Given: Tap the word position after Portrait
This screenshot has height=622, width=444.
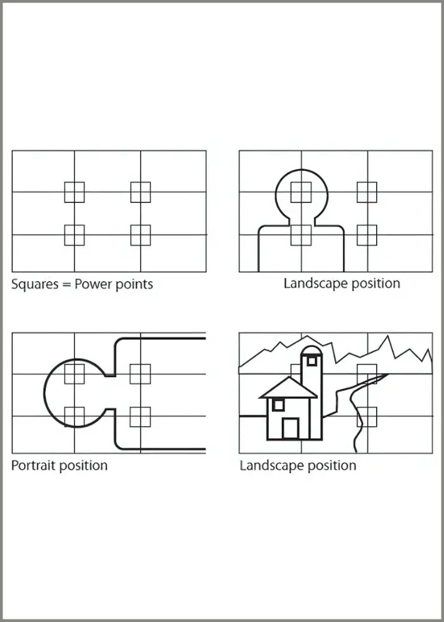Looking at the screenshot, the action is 83,466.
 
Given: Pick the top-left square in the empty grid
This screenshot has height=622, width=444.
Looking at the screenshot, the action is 75,192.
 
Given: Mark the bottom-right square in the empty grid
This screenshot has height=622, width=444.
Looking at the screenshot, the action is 141,235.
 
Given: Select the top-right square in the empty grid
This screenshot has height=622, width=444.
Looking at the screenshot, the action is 141,192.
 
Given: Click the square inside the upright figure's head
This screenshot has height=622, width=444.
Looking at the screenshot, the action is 301,192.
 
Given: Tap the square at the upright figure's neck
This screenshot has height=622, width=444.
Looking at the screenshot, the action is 301,235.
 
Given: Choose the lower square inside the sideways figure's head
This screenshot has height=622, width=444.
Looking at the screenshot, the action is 75,417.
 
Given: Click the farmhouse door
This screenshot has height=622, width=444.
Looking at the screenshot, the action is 290,429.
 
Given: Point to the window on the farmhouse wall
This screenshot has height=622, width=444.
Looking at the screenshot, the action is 279,405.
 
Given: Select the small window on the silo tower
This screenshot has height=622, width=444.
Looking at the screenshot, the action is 312,361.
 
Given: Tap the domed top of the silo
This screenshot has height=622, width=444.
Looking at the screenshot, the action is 312,350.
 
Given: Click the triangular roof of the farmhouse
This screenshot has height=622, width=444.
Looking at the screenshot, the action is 289,388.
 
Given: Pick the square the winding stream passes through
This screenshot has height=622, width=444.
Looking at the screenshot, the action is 367,417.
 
